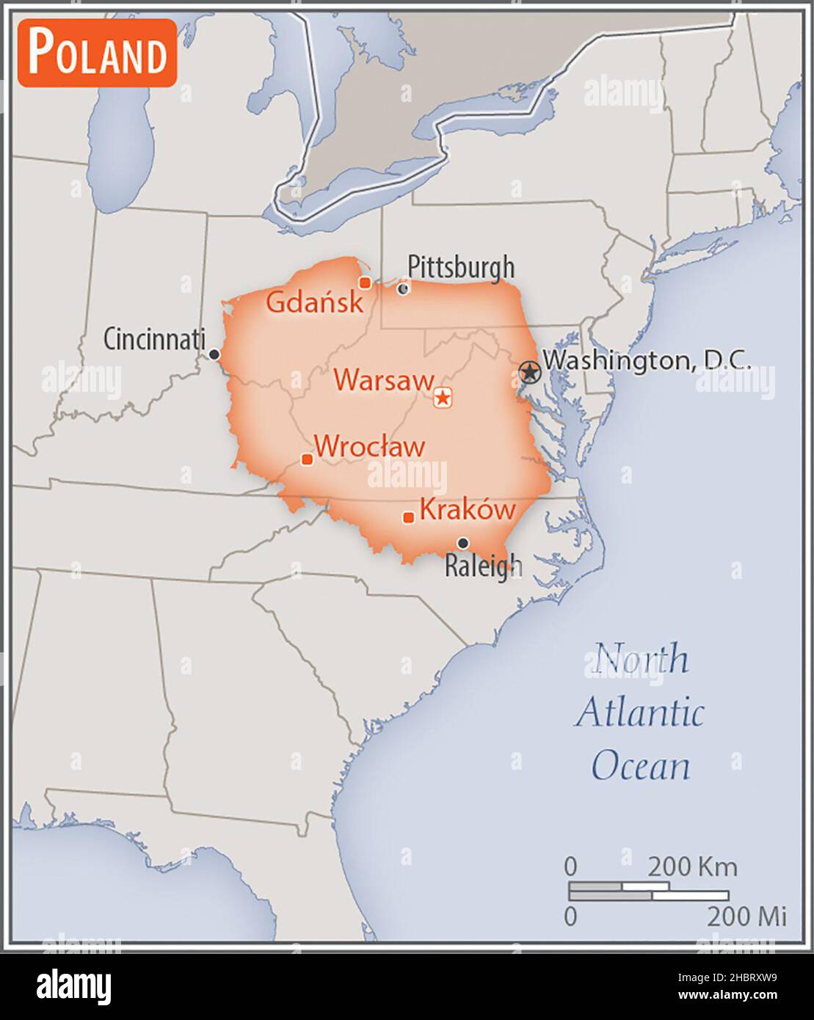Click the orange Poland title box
(x=97, y=53)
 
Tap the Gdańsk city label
(x=314, y=302)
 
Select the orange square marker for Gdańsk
(x=364, y=283)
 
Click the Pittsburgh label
(x=461, y=267)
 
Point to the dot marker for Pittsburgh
(x=403, y=288)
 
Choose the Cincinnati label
(x=153, y=339)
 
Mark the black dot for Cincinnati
(x=214, y=354)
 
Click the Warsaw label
(x=384, y=380)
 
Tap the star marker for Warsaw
(x=443, y=398)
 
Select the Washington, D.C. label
(x=646, y=360)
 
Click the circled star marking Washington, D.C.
(x=529, y=371)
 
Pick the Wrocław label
(x=369, y=446)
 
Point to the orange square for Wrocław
(x=308, y=459)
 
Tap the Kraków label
(x=468, y=509)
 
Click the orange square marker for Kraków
(x=409, y=517)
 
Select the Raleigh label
(x=484, y=566)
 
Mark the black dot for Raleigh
(x=463, y=543)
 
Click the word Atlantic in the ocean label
(x=639, y=713)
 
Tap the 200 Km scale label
(x=691, y=867)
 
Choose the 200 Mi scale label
(x=746, y=916)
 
